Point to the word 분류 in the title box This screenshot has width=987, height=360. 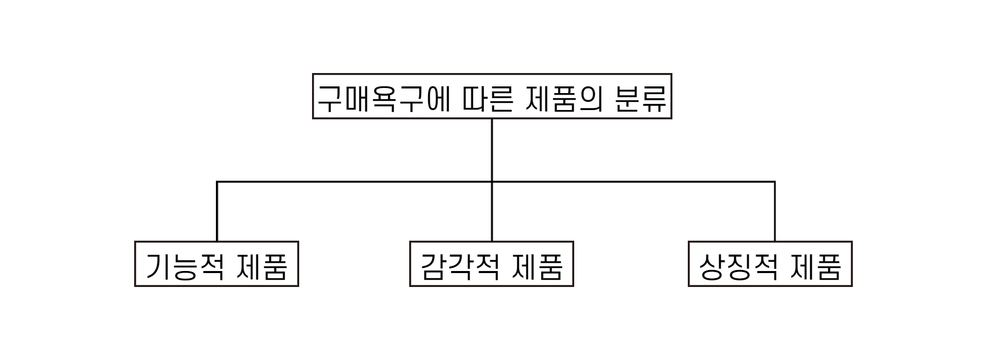641,98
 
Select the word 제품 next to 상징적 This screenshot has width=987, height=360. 816,266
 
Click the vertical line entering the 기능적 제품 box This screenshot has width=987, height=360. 217,216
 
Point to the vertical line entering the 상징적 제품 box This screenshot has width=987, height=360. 775,216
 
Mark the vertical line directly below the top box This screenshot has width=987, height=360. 492,149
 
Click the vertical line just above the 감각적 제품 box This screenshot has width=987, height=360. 492,216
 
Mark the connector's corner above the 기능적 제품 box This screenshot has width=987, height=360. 217,182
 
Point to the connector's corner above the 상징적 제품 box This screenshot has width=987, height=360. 774,182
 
